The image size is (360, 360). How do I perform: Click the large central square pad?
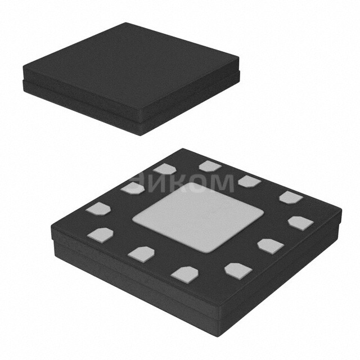tap(197, 217)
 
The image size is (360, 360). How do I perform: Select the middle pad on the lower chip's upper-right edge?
tap(249, 181)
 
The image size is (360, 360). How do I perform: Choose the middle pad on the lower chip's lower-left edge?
tap(140, 253)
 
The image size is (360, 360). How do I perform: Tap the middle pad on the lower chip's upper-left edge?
tap(133, 188)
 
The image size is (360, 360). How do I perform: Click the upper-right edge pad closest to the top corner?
tap(210, 165)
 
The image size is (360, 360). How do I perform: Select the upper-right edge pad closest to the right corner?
tap(290, 197)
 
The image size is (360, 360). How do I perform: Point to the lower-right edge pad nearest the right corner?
tap(300, 223)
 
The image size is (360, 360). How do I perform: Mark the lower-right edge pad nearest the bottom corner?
tap(237, 269)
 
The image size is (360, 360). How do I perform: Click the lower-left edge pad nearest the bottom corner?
tap(185, 273)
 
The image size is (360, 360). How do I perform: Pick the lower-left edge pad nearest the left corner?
tap(100, 233)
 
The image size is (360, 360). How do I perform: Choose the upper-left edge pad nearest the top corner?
tap(165, 168)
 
